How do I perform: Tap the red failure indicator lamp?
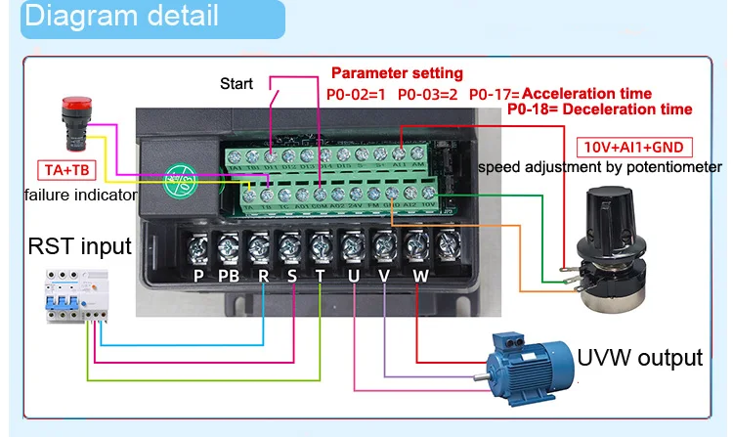coord(50,116)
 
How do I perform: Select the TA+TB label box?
coord(65,171)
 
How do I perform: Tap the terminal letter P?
coord(199,277)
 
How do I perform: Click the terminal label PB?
coord(230,277)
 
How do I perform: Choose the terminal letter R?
coord(263,277)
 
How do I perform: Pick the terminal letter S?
coord(292,277)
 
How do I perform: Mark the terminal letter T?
coord(322,277)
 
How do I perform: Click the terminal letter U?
coord(354,277)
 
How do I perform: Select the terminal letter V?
coord(385,277)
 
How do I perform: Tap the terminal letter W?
coord(419,277)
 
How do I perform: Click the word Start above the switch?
coord(237,83)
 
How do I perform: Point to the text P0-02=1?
coord(357,94)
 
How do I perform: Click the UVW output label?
coord(639,357)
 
